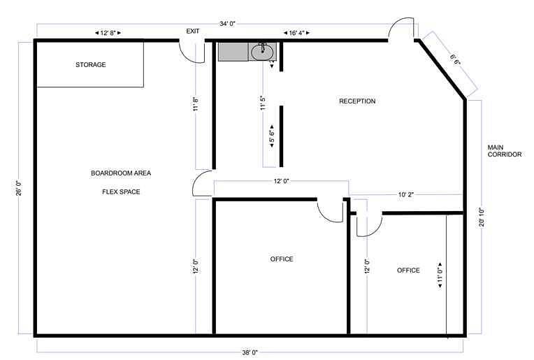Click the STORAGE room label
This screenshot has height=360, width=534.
pyautogui.click(x=91, y=65)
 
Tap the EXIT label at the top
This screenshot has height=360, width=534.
pyautogui.click(x=193, y=31)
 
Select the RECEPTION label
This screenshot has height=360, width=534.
pyautogui.click(x=357, y=101)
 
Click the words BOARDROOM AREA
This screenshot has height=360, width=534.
pyautogui.click(x=121, y=173)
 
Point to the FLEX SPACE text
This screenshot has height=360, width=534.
pyautogui.click(x=121, y=192)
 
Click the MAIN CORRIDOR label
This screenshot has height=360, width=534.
pyautogui.click(x=505, y=151)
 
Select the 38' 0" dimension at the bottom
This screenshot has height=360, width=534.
pyautogui.click(x=250, y=352)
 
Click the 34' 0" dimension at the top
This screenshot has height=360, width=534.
pyautogui.click(x=227, y=24)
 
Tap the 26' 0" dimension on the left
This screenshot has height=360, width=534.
pyautogui.click(x=20, y=188)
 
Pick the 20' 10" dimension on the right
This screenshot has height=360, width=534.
pyautogui.click(x=482, y=217)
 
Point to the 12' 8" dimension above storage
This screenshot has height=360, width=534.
pyautogui.click(x=108, y=33)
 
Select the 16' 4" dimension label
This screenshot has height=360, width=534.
pyautogui.click(x=297, y=33)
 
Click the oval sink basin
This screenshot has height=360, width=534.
pyautogui.click(x=262, y=52)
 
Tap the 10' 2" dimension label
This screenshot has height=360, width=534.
pyautogui.click(x=405, y=195)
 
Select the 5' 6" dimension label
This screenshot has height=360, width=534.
pyautogui.click(x=272, y=136)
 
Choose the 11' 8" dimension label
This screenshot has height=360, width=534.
pyautogui.click(x=196, y=104)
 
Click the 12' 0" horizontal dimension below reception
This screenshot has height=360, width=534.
pyautogui.click(x=281, y=181)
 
